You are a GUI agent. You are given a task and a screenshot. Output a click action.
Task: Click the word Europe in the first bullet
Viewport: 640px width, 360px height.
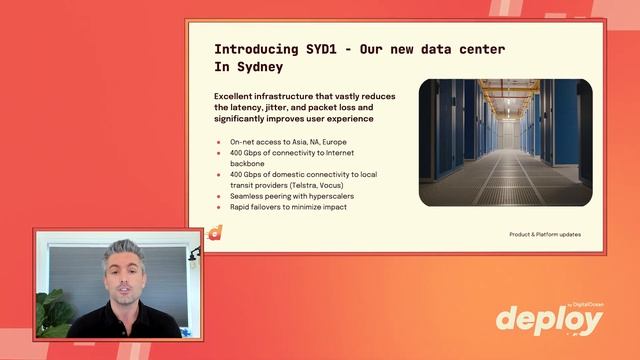click(331, 143)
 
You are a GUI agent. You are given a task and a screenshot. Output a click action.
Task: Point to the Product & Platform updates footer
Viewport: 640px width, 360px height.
click(544, 234)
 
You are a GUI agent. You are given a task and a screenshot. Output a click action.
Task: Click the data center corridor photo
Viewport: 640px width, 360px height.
click(505, 143)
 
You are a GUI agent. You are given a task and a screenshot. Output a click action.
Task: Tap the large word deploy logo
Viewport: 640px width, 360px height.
click(549, 320)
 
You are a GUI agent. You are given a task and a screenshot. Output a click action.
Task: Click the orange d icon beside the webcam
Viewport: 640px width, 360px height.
click(214, 233)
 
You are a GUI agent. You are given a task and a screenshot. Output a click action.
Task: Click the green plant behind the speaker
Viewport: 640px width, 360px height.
click(52, 312)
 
